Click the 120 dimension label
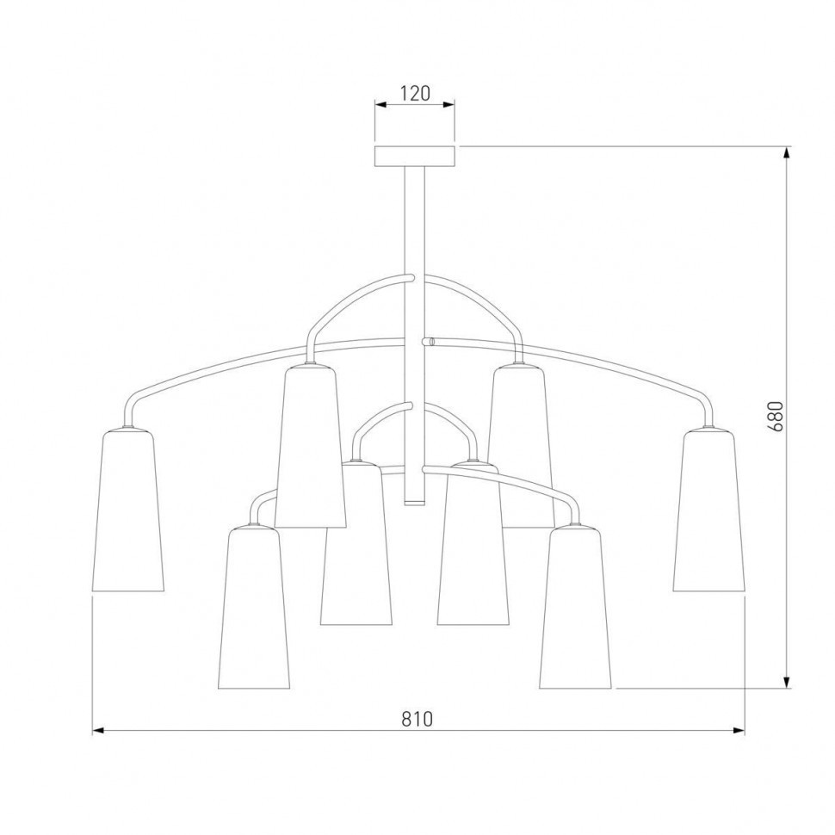415,93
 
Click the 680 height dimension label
775,417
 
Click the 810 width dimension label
417,720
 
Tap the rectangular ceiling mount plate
415,156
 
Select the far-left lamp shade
128,510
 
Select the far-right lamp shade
708,510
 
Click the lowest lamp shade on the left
254,606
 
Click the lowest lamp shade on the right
576,606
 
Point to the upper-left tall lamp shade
311,446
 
